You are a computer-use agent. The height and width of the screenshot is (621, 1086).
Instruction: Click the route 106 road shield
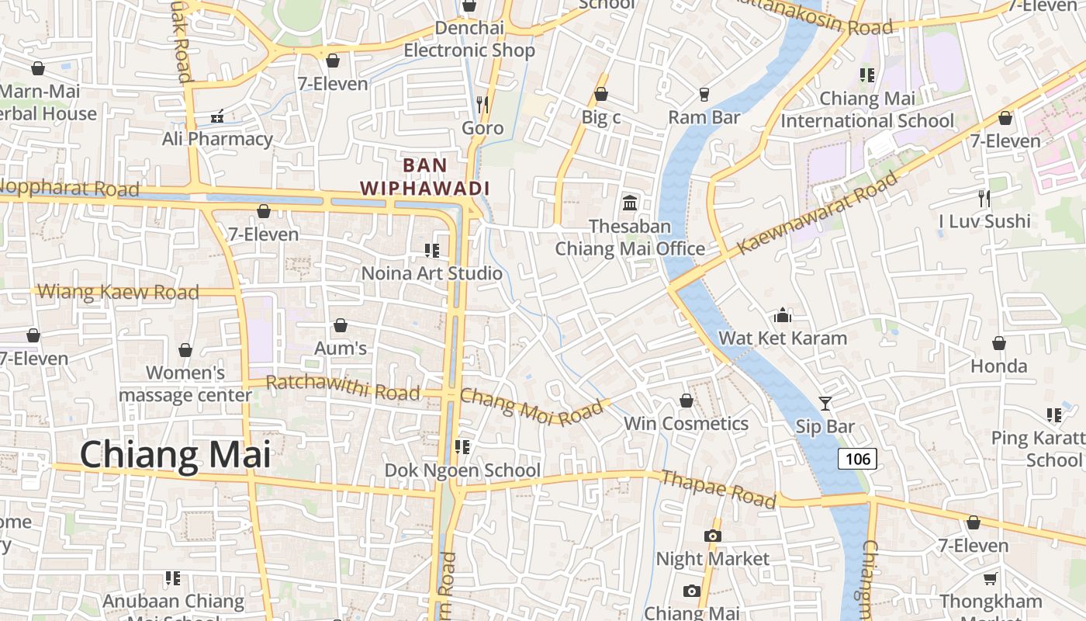857,459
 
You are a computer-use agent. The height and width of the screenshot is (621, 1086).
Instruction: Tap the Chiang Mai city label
176,454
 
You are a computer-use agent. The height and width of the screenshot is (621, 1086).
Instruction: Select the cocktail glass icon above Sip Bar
825,404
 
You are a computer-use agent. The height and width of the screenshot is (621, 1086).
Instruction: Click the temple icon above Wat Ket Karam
783,315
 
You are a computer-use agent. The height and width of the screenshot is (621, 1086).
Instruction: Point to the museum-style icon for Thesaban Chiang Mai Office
630,203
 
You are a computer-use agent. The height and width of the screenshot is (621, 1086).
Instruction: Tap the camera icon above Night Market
712,536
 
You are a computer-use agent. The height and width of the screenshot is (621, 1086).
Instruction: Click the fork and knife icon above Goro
482,104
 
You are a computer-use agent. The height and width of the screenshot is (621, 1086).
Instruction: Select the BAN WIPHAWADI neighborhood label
425,176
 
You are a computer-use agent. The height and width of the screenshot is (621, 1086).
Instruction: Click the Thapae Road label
718,489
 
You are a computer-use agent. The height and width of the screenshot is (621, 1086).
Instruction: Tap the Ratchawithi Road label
343,387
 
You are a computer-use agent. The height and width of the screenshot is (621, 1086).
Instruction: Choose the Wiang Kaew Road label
118,293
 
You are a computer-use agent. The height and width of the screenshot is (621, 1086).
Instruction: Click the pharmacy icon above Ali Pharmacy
217,116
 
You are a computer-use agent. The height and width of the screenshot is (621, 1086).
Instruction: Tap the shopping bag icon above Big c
600,94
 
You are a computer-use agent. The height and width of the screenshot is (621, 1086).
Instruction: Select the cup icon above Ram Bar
704,94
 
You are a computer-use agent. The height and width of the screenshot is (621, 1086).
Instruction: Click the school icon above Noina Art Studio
432,250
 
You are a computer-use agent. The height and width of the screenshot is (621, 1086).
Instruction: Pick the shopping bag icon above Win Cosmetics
687,401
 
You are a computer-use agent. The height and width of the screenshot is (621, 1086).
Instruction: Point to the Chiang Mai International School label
867,109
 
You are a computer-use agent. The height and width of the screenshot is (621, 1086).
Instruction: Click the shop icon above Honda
999,342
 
